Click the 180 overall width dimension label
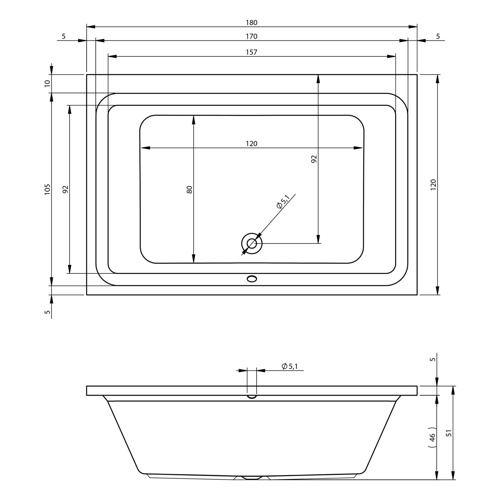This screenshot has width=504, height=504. coord(251,23)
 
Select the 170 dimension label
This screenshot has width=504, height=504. coord(251,36)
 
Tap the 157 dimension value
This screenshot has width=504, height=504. coord(251,52)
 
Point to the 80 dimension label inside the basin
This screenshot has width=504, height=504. coord(189,190)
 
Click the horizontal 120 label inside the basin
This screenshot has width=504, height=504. coord(251,143)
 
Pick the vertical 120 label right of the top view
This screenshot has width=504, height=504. coord(433,185)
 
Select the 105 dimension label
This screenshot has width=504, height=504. coord(47,190)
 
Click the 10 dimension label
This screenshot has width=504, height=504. coord(47,83)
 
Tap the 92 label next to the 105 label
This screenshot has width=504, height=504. coord(66,190)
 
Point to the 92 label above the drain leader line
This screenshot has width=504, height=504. coord(314,159)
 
